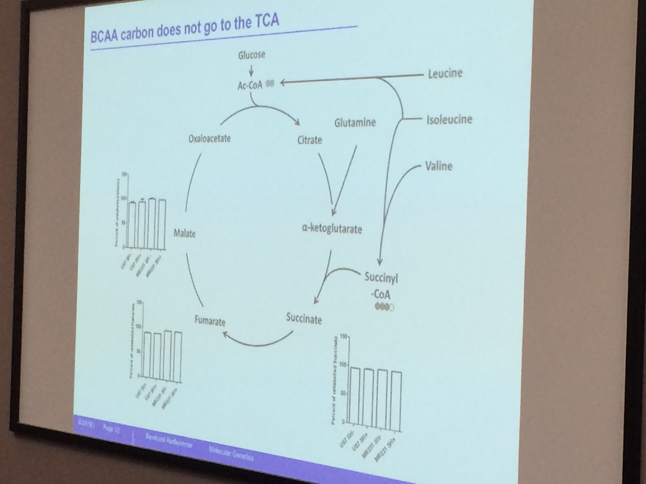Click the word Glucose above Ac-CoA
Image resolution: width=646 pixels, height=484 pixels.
coord(251,55)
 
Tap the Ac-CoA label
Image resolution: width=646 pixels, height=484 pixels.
coord(250,85)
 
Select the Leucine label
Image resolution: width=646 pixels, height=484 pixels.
coord(445,73)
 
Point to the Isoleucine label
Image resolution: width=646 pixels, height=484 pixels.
coord(449,119)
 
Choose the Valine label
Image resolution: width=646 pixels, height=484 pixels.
coord(438,166)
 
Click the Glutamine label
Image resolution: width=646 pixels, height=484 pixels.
coord(355,122)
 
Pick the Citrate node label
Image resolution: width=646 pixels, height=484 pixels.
coord(310,140)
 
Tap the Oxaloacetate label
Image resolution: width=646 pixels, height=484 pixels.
coord(210,139)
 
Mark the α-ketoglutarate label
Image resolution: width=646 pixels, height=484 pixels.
coord(332,229)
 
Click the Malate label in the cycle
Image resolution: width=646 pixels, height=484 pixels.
coord(185,233)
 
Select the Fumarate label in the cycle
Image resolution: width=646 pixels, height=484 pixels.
coord(210,321)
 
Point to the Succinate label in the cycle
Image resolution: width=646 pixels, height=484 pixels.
coord(304,319)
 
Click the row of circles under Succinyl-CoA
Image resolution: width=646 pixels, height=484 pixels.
coord(384,307)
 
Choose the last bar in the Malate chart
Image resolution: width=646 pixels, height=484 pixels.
coord(162,223)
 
